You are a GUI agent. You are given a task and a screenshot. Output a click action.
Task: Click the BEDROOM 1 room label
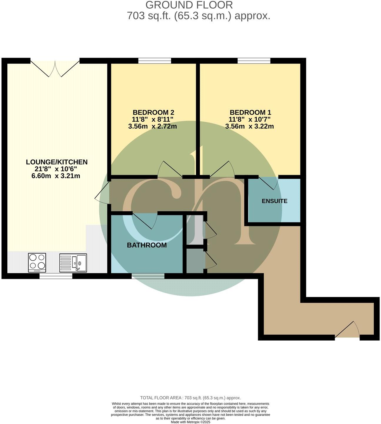[250, 113]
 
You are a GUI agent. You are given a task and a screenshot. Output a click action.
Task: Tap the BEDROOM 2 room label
[153, 113]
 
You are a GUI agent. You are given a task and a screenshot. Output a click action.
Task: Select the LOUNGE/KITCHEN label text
[57, 162]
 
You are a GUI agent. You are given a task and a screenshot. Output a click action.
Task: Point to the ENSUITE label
[274, 201]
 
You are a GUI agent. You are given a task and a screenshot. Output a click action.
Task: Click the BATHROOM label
[147, 245]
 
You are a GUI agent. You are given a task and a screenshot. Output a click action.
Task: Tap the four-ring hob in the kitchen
[37, 262]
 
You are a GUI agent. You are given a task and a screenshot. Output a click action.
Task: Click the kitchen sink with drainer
[73, 262]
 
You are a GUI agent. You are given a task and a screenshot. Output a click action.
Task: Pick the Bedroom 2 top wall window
[155, 61]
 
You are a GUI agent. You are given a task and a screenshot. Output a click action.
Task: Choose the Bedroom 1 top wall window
[254, 61]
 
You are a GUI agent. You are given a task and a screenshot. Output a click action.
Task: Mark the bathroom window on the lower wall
[148, 276]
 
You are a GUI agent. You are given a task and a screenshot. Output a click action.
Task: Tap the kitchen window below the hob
[56, 276]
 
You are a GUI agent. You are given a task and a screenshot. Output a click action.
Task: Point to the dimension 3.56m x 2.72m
[153, 127]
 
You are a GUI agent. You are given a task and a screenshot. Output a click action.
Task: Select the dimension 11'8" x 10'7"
[250, 120]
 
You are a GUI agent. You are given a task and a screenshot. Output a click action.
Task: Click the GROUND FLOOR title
[189, 5]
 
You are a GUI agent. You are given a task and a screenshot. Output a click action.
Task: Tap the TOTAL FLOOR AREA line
[190, 398]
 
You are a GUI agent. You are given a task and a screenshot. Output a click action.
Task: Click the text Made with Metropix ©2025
[190, 422]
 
